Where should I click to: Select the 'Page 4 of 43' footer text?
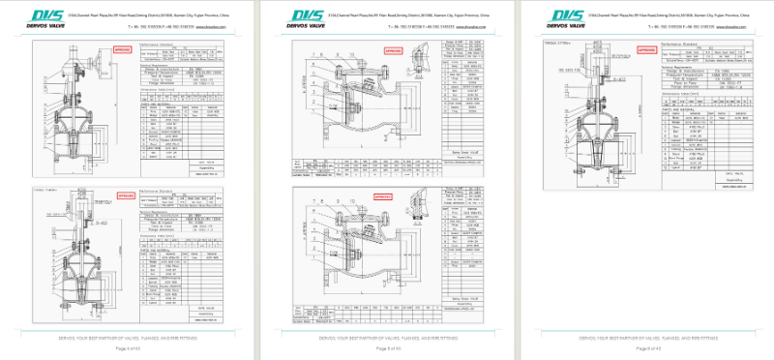(x=130, y=346)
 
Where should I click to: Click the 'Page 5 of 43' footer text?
(x=386, y=346)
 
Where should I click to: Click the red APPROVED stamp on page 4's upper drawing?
(x=123, y=48)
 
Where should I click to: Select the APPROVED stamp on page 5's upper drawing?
(x=382, y=47)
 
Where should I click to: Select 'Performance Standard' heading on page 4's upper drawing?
(x=159, y=45)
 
